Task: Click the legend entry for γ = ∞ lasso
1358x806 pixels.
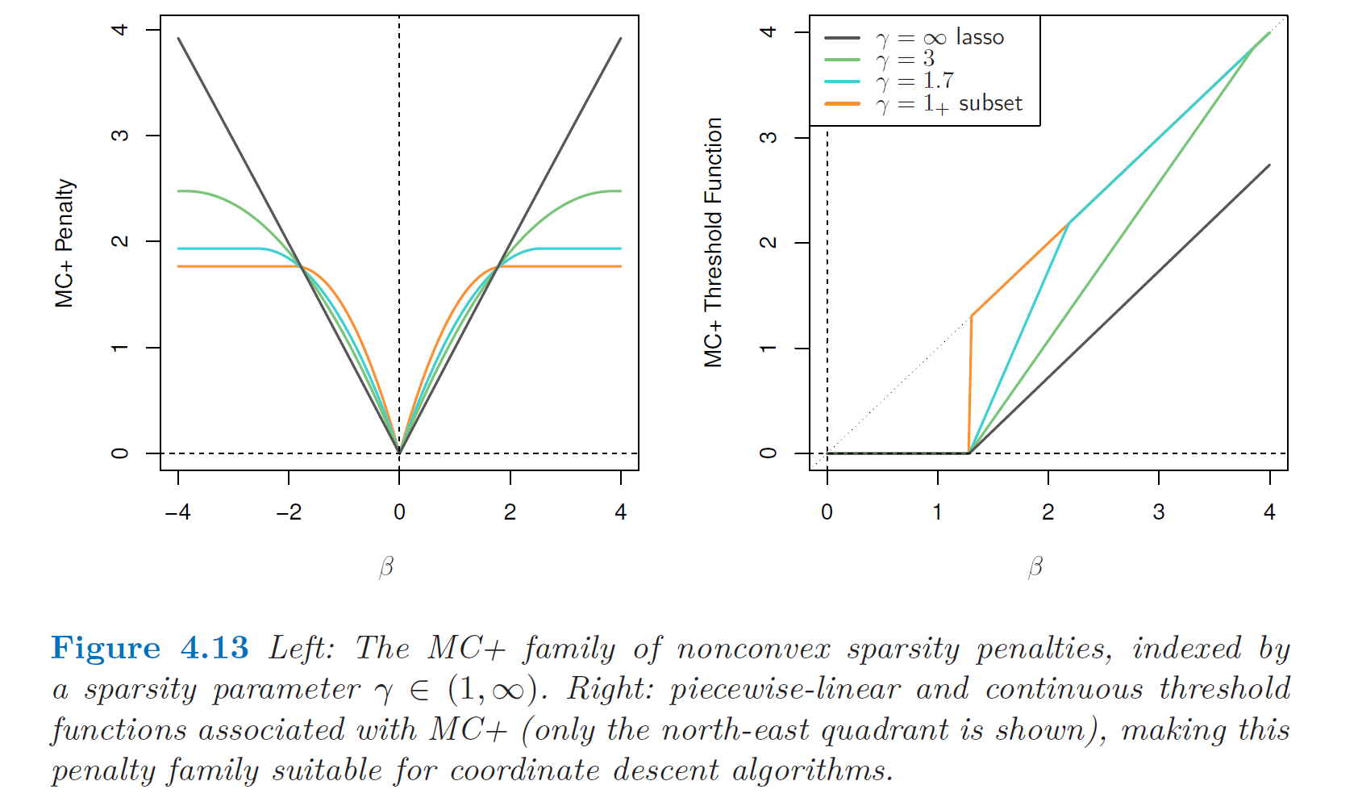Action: coord(939,38)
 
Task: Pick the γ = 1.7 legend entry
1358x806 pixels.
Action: coord(914,81)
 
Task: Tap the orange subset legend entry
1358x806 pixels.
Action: coord(948,104)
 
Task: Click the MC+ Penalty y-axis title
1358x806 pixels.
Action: coord(64,243)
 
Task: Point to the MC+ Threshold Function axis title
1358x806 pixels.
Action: coord(713,242)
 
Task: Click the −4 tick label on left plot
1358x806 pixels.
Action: coord(177,512)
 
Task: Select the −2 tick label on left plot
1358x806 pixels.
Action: coord(289,512)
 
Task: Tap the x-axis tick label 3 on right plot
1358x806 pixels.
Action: coord(1159,512)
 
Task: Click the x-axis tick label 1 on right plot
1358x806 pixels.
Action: coord(937,512)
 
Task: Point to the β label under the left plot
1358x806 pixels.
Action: coord(386,568)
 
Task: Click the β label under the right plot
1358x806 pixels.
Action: coord(1035,568)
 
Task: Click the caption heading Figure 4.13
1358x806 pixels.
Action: coord(150,649)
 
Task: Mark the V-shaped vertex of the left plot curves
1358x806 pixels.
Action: coord(399,452)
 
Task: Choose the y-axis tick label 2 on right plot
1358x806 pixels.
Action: coord(769,242)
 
